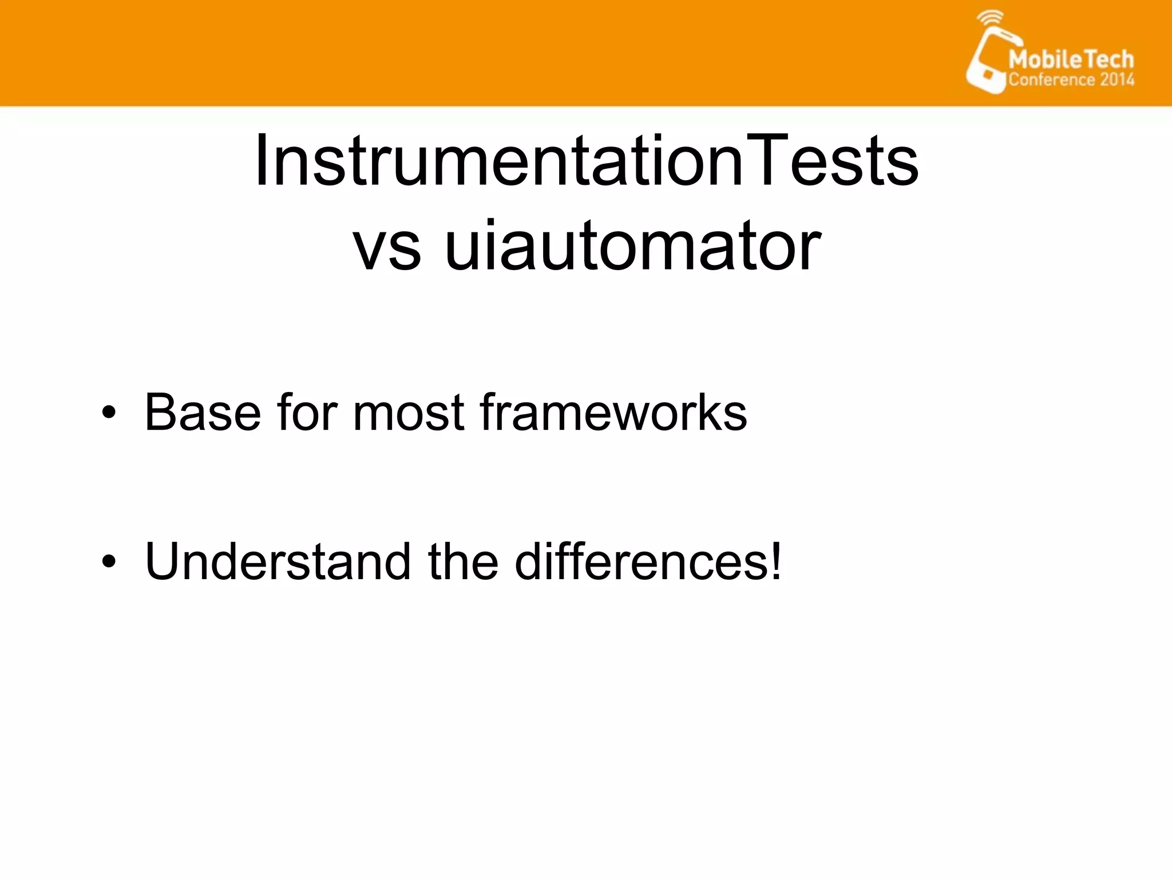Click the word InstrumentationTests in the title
tap(586, 161)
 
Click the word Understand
tap(278, 561)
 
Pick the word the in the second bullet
tap(462, 561)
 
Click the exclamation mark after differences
tap(776, 561)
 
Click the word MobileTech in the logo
tap(1071, 60)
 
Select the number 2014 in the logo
tap(1116, 80)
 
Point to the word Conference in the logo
tap(1051, 80)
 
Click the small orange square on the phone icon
tap(988, 74)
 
